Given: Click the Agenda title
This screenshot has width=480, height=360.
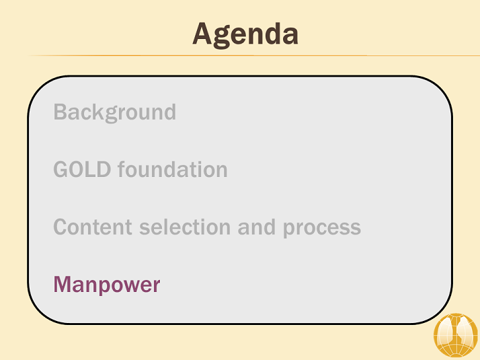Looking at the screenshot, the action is click(245, 34).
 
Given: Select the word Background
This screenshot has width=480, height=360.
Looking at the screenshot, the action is click(115, 112).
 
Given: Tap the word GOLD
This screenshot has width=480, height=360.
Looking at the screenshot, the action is click(82, 170).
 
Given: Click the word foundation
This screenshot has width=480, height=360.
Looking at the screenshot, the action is click(173, 169).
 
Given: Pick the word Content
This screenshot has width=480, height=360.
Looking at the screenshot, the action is click(93, 227).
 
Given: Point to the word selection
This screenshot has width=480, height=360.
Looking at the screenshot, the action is click(185, 227).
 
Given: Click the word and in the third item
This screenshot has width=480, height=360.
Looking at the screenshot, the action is click(257, 227).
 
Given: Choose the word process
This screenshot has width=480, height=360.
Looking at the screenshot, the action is click(322, 229).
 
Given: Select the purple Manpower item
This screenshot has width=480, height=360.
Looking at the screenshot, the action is click(107, 285).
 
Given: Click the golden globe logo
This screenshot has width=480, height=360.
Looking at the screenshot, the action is click(456, 335).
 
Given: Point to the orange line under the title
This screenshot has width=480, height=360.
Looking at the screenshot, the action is click(253, 55).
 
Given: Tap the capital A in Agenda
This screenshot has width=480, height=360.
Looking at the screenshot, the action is click(202, 34).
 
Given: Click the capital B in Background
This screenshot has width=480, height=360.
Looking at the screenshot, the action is click(61, 112).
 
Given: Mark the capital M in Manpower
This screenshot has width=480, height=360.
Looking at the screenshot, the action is click(63, 285).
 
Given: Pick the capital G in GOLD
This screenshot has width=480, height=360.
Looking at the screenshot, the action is click(61, 170).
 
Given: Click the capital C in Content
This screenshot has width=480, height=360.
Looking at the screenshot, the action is click(61, 227).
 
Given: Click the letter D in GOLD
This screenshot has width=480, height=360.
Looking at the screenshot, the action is click(104, 170).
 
